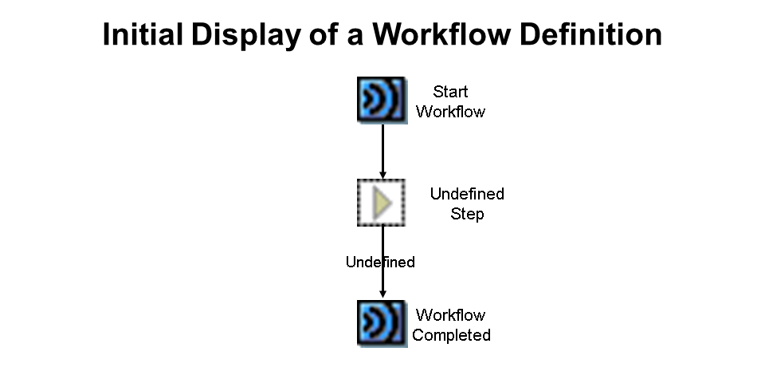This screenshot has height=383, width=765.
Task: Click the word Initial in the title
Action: click(143, 34)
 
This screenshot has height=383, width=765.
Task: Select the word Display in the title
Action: click(245, 35)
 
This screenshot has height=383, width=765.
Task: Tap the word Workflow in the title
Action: click(442, 34)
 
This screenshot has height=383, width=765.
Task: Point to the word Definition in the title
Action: click(590, 34)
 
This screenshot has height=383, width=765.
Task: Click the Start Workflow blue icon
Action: click(382, 101)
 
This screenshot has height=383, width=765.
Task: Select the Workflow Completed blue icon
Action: click(382, 323)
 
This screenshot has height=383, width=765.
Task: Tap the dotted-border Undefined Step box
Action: click(381, 202)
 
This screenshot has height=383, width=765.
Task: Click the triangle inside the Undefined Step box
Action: click(382, 202)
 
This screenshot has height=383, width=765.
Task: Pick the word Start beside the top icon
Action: click(450, 91)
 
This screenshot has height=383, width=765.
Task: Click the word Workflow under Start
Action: click(450, 112)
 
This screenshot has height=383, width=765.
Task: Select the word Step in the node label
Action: click(467, 214)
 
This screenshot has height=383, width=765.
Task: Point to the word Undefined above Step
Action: click(467, 194)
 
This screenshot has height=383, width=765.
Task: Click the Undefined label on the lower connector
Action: click(380, 262)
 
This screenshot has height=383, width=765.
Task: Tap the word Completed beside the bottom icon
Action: click(451, 335)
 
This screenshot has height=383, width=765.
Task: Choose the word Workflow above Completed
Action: click(450, 315)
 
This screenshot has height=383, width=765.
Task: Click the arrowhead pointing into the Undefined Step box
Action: click(382, 175)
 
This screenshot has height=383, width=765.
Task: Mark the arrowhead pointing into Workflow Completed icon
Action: click(382, 294)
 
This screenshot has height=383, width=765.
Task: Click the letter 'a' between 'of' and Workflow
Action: click(355, 38)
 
